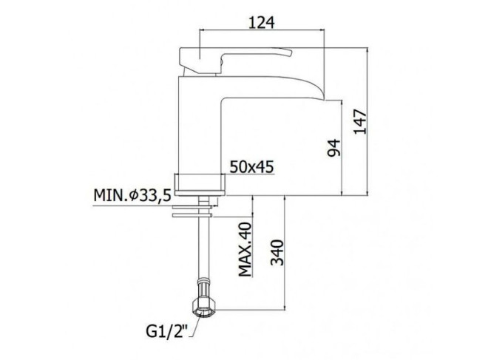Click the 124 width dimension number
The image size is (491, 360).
pos(262,22)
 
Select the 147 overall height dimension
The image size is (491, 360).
pos(360,122)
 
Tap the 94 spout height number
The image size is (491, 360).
pos(333,148)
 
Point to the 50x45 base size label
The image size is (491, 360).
pos(251,167)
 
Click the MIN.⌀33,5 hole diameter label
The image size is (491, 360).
pos(132,196)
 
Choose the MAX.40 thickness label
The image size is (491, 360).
pos(245,250)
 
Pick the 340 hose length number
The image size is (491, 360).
pos(277,253)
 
